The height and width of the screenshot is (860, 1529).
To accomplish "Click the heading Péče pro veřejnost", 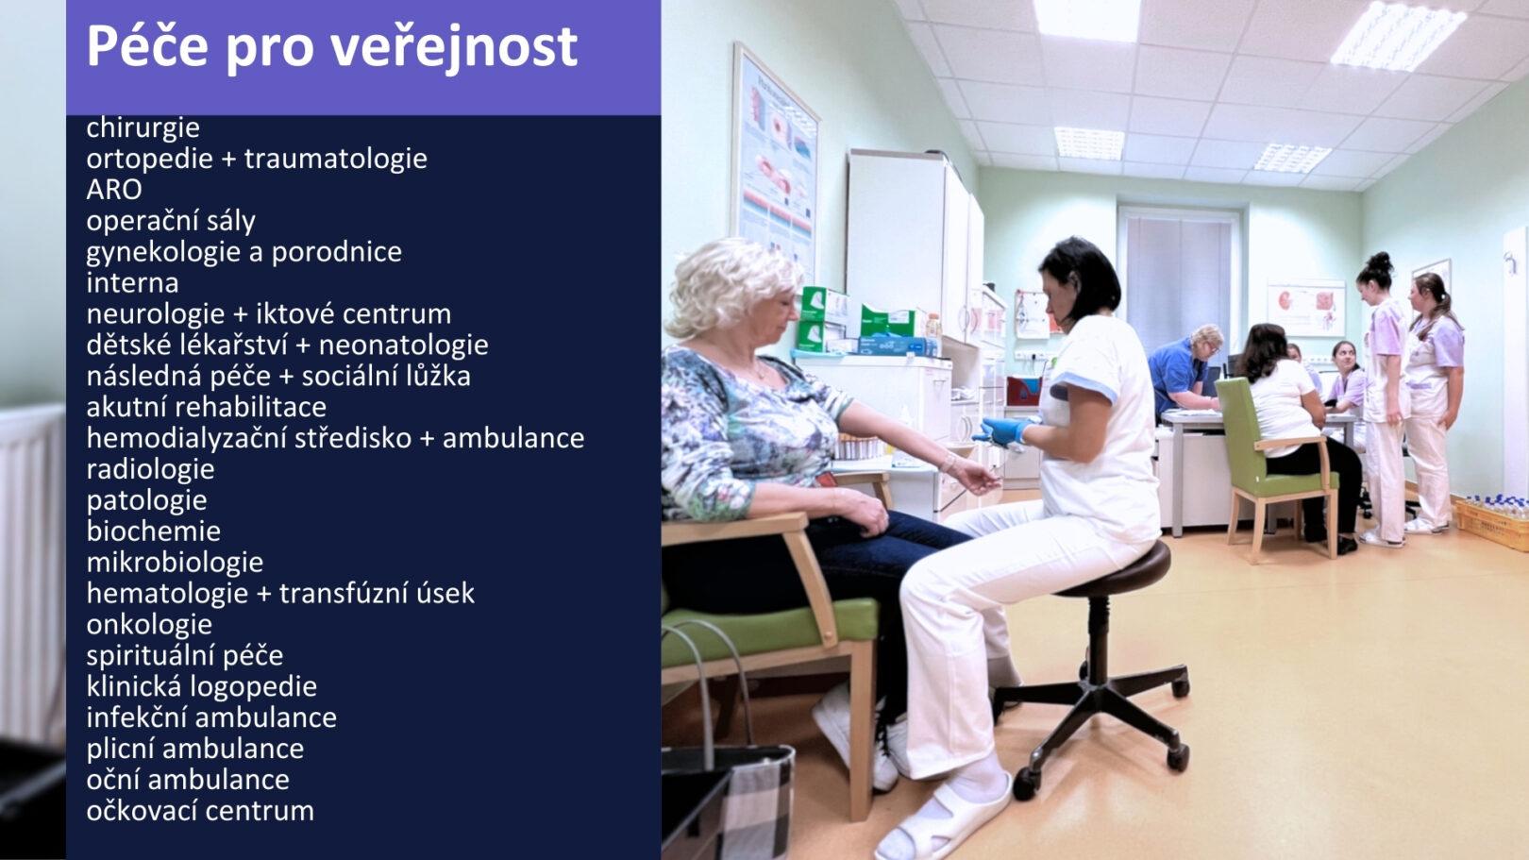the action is tap(331, 46).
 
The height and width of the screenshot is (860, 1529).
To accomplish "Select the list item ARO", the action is tap(114, 190).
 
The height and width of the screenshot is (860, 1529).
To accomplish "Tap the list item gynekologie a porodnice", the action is tap(244, 252).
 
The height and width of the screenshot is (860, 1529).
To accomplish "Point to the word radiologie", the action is tap(150, 469).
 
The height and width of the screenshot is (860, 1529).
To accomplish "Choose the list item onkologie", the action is tap(149, 625).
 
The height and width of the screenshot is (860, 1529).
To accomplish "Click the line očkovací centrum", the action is tap(200, 811).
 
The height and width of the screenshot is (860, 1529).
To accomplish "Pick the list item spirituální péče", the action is tap(184, 656).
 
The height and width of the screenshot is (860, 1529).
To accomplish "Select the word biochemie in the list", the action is tap(154, 531).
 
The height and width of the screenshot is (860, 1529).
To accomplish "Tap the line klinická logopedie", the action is tap(201, 686).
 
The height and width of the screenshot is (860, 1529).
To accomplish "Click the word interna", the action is tap(132, 282).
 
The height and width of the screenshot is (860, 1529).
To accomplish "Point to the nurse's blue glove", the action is tap(1003, 431).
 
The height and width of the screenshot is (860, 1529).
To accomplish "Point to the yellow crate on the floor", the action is tap(1492, 522).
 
